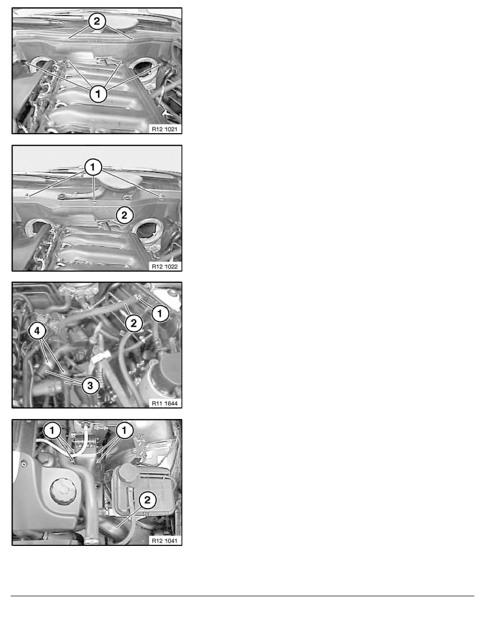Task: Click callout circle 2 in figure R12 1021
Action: point(97,21)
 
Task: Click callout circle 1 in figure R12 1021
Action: point(98,94)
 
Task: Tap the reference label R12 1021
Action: point(165,129)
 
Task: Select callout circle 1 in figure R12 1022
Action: point(93,167)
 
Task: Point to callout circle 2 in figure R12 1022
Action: point(125,215)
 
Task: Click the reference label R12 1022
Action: point(165,266)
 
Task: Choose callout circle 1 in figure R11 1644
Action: point(160,314)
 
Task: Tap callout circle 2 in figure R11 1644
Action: point(134,323)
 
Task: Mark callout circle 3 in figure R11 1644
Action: point(90,385)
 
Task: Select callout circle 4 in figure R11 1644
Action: point(37,330)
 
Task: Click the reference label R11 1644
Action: point(165,403)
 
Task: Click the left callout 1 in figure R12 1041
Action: point(52,430)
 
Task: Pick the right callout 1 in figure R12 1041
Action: point(124,430)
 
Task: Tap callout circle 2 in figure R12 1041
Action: point(147,500)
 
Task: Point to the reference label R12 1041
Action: point(165,541)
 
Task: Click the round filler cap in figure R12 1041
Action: point(63,491)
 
